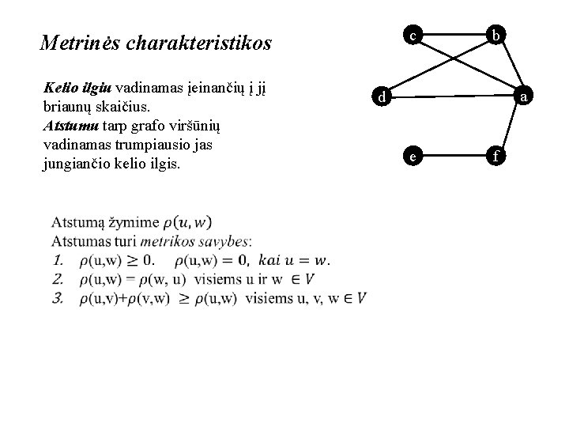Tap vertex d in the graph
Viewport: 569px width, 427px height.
tap(381, 97)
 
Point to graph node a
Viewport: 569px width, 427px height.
tap(524, 97)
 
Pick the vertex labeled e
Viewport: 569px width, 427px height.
tap(413, 157)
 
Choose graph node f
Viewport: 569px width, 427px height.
tap(495, 157)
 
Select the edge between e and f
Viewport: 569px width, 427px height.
tap(454, 157)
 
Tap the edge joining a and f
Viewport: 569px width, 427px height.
tap(510, 127)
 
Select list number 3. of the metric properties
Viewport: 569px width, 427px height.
tap(58, 298)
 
